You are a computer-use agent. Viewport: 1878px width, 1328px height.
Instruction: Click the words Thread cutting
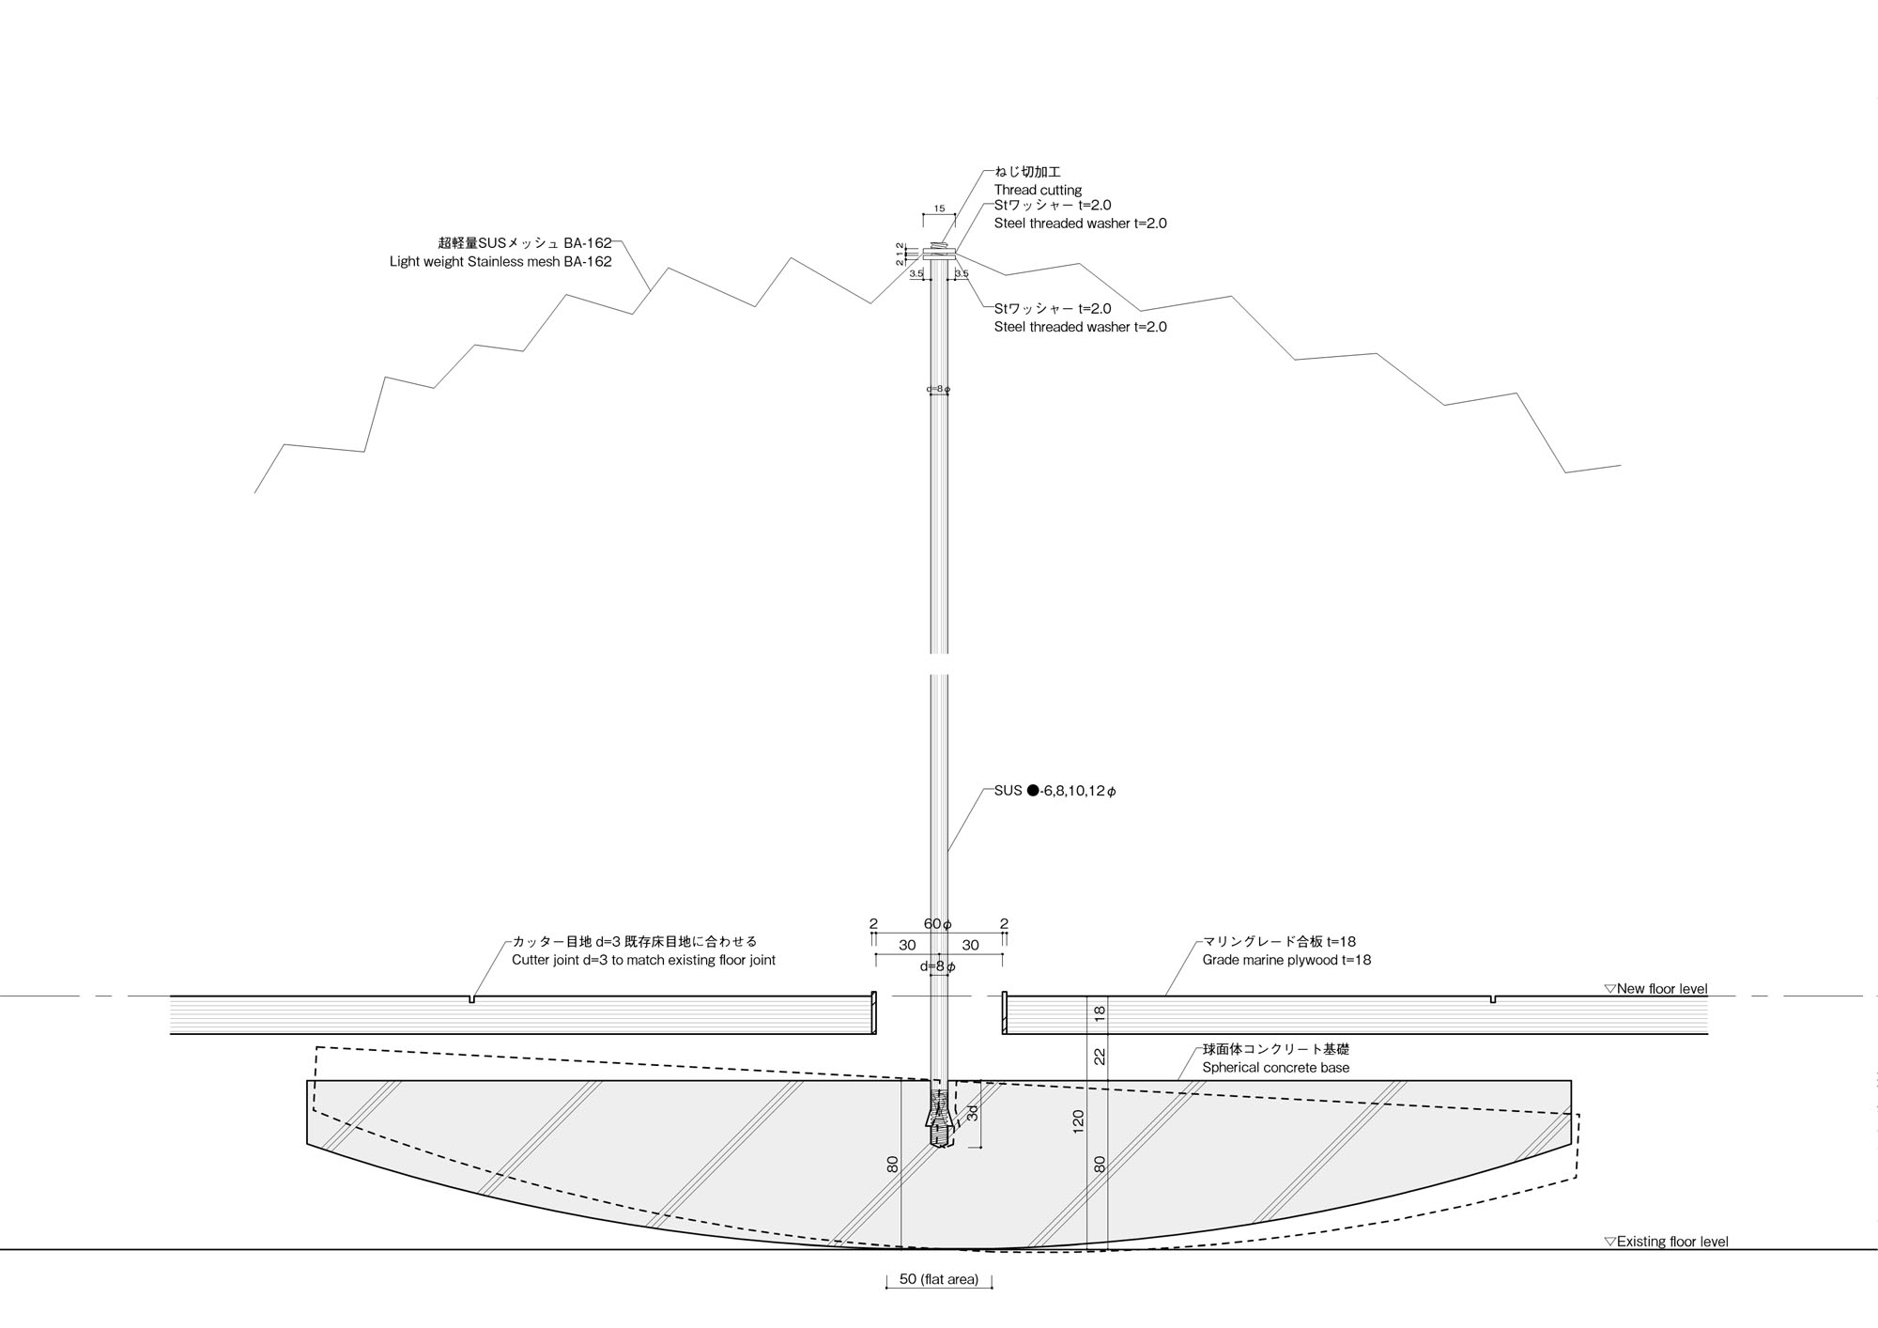(1038, 190)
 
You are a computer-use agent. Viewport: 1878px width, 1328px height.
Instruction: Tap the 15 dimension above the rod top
(939, 209)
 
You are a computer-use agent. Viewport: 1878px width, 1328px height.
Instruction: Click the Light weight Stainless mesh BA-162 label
(500, 262)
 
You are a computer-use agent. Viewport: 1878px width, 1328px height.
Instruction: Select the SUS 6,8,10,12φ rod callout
(1055, 791)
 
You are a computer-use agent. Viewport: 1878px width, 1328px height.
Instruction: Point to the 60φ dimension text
(938, 924)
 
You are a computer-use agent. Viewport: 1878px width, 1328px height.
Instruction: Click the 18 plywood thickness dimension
(1101, 1013)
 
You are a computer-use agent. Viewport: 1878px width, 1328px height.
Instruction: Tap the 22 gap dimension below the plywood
(1101, 1057)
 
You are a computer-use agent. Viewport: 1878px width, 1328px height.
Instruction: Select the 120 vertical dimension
(1078, 1119)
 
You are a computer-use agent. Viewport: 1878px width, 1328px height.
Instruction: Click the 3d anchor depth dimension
(973, 1113)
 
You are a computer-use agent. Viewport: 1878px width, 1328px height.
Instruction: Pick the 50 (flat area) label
(939, 1279)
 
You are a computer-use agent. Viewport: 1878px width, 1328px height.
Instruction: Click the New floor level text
(1661, 988)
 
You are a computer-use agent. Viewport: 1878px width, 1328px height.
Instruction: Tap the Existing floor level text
(1671, 1242)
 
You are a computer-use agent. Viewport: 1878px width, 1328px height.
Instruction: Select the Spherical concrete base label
(1275, 1068)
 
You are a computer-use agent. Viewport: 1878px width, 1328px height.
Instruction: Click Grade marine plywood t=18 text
(1286, 960)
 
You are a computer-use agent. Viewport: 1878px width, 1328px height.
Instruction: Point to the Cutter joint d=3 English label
(643, 960)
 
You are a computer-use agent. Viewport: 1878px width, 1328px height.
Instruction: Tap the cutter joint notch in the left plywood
(471, 999)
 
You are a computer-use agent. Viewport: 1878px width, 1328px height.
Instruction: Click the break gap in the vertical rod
(939, 664)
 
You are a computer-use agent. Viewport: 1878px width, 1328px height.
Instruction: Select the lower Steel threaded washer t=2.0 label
(1080, 327)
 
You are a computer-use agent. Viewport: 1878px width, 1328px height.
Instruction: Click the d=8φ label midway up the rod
(938, 389)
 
